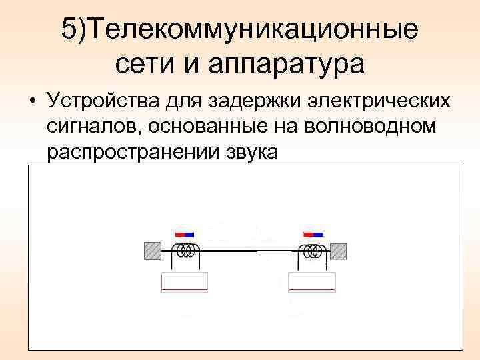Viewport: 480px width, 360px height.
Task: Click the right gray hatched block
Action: coord(339,251)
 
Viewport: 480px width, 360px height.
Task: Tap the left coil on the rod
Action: coord(186,251)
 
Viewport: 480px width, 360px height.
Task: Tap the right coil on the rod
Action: coord(311,251)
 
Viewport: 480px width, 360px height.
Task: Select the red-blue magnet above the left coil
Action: coord(184,235)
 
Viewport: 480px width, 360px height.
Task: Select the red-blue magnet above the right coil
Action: coord(313,235)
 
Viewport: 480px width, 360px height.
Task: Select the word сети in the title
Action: coord(141,64)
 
